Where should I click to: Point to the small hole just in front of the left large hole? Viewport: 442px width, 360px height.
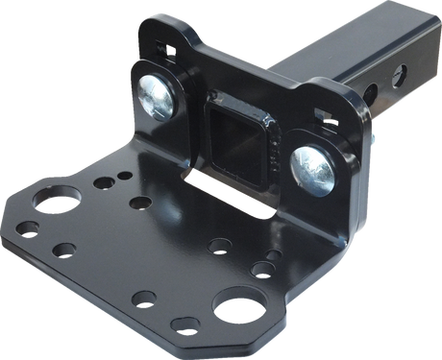click(x=63, y=250)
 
